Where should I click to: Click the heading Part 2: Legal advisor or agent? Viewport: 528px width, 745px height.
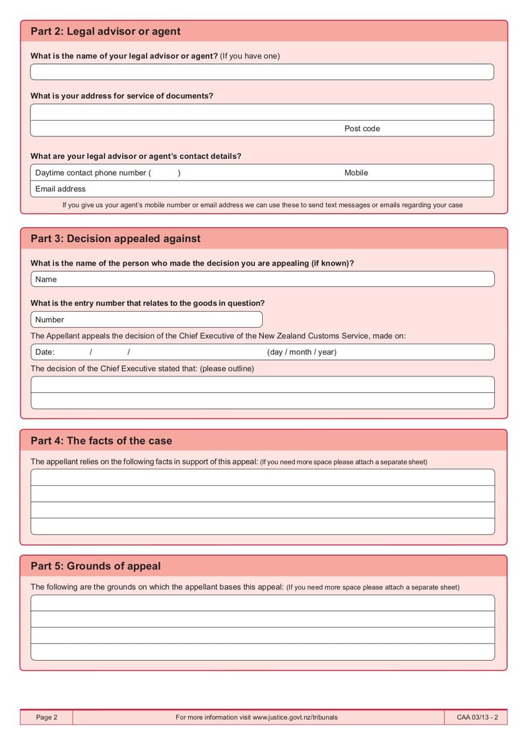click(x=106, y=32)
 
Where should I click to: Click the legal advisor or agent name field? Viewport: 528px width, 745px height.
click(x=262, y=72)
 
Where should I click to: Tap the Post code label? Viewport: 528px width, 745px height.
click(x=362, y=129)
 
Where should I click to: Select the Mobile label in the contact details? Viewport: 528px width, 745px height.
click(x=356, y=173)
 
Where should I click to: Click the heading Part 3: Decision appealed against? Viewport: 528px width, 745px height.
click(x=115, y=239)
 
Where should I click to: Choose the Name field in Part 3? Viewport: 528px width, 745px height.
click(x=262, y=280)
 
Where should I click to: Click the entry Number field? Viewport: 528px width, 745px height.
click(x=147, y=320)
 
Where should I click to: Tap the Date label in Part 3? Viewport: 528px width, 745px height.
click(x=45, y=352)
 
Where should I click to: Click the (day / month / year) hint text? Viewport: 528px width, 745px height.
click(x=302, y=352)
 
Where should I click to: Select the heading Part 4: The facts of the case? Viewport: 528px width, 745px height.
click(x=101, y=441)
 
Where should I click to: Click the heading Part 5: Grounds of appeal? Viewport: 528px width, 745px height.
click(x=96, y=566)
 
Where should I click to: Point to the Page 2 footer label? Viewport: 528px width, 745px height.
click(x=47, y=717)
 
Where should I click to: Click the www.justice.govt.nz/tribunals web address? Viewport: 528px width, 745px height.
click(x=295, y=717)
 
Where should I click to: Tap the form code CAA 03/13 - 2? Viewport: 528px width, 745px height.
click(x=477, y=717)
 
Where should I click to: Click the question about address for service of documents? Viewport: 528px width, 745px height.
click(x=122, y=96)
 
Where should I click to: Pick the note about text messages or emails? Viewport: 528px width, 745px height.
click(x=263, y=205)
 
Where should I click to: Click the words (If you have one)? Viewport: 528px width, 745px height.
click(x=249, y=56)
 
